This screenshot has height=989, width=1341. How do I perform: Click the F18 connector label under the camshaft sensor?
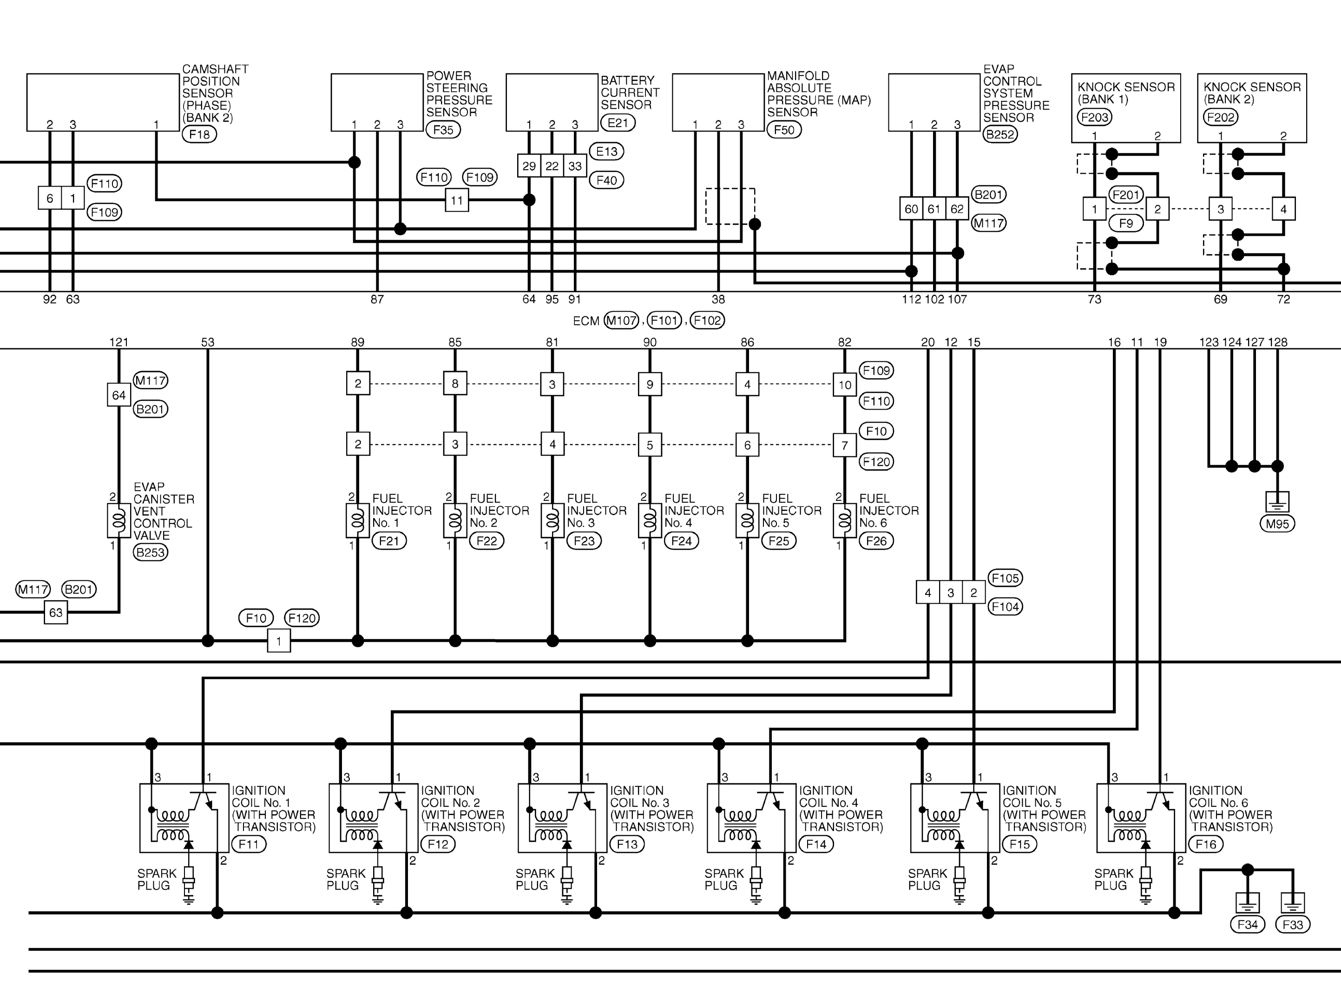(199, 135)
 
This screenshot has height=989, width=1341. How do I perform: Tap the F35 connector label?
(443, 130)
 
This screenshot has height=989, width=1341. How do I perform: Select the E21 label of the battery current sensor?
(618, 123)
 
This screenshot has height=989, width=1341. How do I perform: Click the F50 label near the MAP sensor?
(783, 130)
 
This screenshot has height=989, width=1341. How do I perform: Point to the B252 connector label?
(999, 135)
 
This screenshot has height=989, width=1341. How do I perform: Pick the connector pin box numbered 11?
(457, 200)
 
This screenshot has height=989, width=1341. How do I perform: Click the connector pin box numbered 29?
(529, 166)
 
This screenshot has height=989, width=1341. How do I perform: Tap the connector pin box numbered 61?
(934, 209)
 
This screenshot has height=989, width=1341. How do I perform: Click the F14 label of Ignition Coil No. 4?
(816, 845)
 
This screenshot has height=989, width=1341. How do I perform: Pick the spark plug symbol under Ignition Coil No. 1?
(189, 883)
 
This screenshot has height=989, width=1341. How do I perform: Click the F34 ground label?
(1247, 925)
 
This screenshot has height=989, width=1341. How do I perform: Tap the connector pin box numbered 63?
(56, 613)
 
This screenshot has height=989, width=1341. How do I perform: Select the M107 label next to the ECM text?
(621, 321)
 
